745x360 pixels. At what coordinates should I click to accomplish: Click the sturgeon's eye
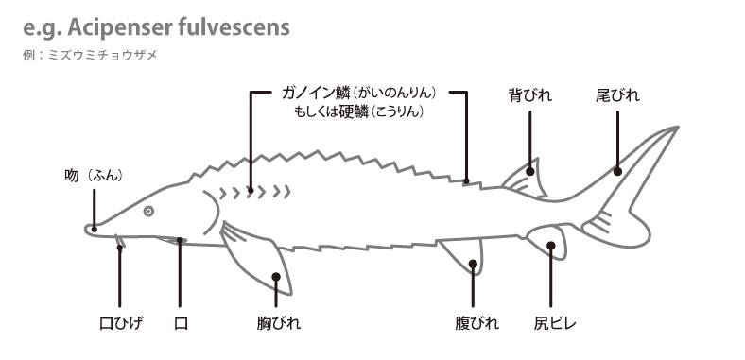[x=148, y=211]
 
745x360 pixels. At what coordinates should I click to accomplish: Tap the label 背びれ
[x=529, y=95]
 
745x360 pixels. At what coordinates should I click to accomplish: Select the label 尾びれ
[x=617, y=95]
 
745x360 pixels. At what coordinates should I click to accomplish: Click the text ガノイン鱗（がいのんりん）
[x=358, y=94]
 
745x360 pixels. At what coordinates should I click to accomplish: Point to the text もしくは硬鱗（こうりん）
[x=358, y=111]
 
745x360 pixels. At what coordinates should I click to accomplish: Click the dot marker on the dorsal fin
[x=531, y=171]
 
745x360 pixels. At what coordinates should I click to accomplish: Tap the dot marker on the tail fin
[x=616, y=171]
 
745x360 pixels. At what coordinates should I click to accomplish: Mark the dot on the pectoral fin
[x=276, y=278]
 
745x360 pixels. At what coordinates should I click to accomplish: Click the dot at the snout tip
[x=94, y=228]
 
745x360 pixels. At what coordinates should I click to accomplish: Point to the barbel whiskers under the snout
[x=119, y=245]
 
